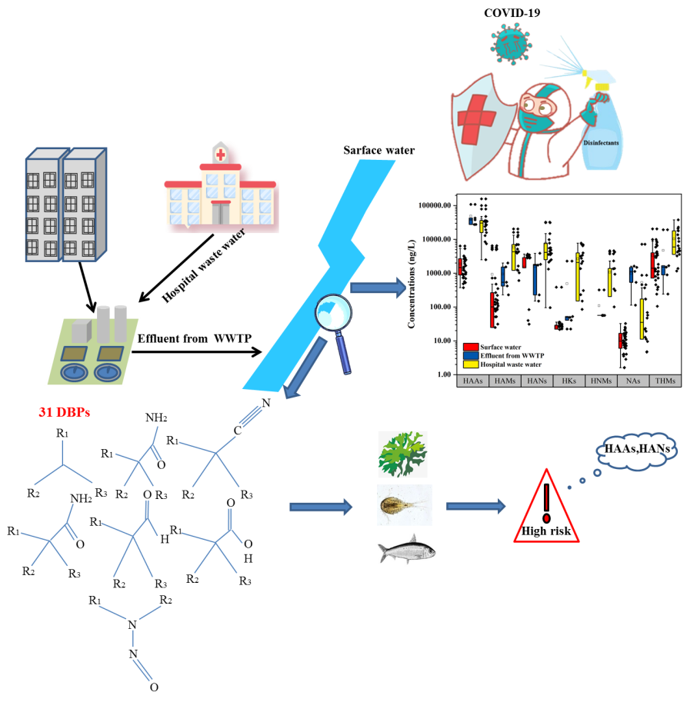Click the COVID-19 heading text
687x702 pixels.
pyautogui.click(x=512, y=13)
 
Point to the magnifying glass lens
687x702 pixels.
pyautogui.click(x=333, y=311)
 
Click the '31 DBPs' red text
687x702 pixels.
pyautogui.click(x=65, y=412)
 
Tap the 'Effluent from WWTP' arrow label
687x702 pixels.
pyautogui.click(x=195, y=338)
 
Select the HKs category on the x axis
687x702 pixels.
pyautogui.click(x=569, y=381)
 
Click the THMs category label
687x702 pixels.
pyautogui.click(x=665, y=381)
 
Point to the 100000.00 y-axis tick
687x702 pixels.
pyautogui.click(x=435, y=205)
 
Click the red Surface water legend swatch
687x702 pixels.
pyautogui.click(x=471, y=347)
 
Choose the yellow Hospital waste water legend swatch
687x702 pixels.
pyautogui.click(x=471, y=364)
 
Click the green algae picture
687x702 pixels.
pyautogui.click(x=402, y=454)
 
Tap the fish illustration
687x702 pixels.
pyautogui.click(x=407, y=549)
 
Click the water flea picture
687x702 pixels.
pyautogui.click(x=405, y=505)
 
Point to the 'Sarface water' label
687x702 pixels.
pyautogui.click(x=379, y=150)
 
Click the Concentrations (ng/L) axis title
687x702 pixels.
pyautogui.click(x=411, y=284)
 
